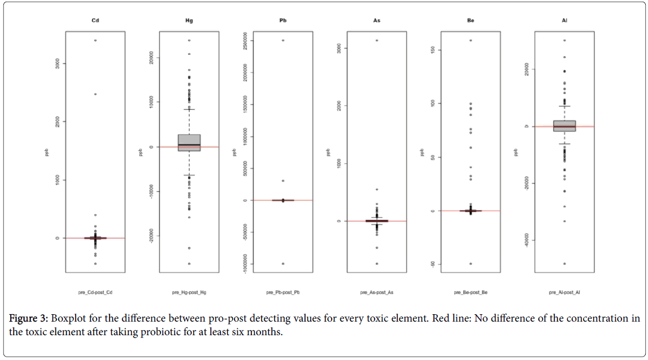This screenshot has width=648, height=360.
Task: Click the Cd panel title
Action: pyautogui.click(x=95, y=21)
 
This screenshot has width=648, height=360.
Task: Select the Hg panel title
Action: pyautogui.click(x=189, y=21)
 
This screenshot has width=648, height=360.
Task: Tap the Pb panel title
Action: pyautogui.click(x=283, y=21)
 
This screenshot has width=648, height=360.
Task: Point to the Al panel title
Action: pyautogui.click(x=564, y=21)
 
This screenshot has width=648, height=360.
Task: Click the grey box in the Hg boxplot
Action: pyautogui.click(x=189, y=142)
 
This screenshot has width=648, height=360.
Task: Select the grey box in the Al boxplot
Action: pyautogui.click(x=564, y=125)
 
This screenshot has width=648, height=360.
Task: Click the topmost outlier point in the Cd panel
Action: pyautogui.click(x=95, y=41)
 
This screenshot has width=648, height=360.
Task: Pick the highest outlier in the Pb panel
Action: pyautogui.click(x=283, y=41)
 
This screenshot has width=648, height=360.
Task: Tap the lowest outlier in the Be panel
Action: pyautogui.click(x=471, y=263)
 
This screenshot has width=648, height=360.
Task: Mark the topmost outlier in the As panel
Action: pyautogui.click(x=377, y=41)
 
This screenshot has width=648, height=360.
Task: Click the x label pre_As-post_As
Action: pyautogui.click(x=377, y=293)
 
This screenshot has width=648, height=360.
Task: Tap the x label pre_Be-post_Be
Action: pyautogui.click(x=471, y=293)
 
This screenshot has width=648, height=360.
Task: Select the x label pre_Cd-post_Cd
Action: pyautogui.click(x=95, y=293)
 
